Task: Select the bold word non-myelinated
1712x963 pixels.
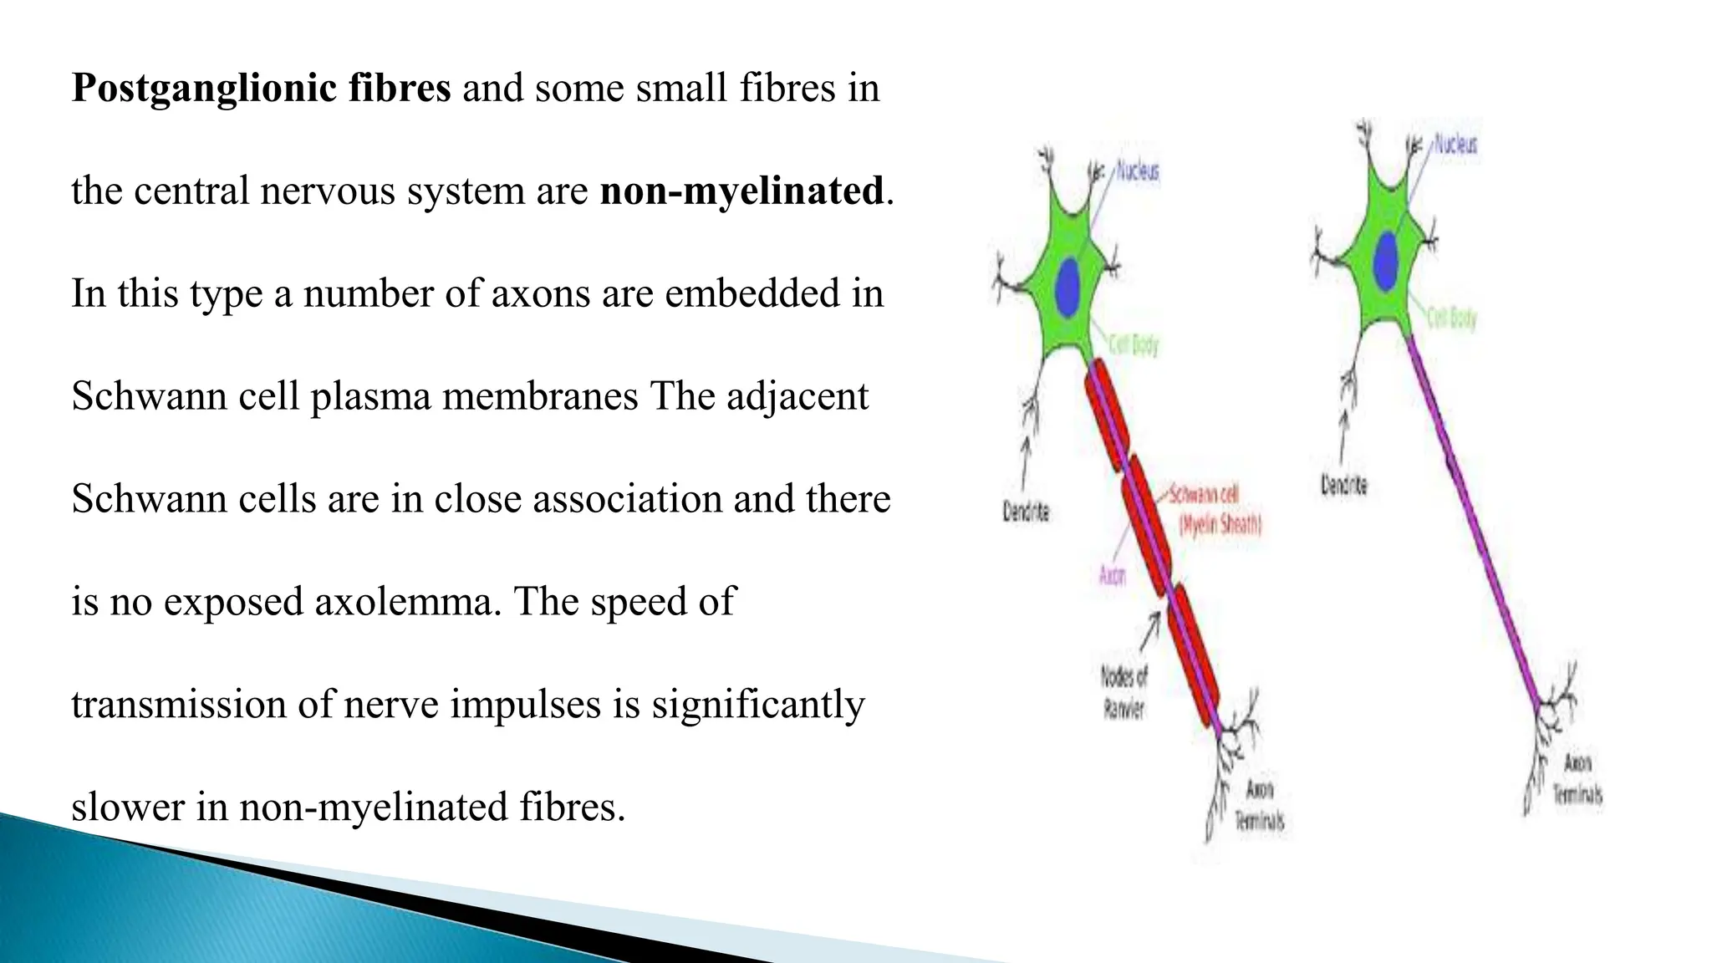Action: point(741,191)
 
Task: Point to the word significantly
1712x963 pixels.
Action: point(758,705)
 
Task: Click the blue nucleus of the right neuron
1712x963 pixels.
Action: point(1387,260)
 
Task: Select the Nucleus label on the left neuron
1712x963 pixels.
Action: point(1138,172)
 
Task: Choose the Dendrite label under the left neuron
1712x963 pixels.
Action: point(1026,512)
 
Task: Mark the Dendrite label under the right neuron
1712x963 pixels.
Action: point(1343,485)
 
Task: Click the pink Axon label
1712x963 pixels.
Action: point(1112,575)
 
